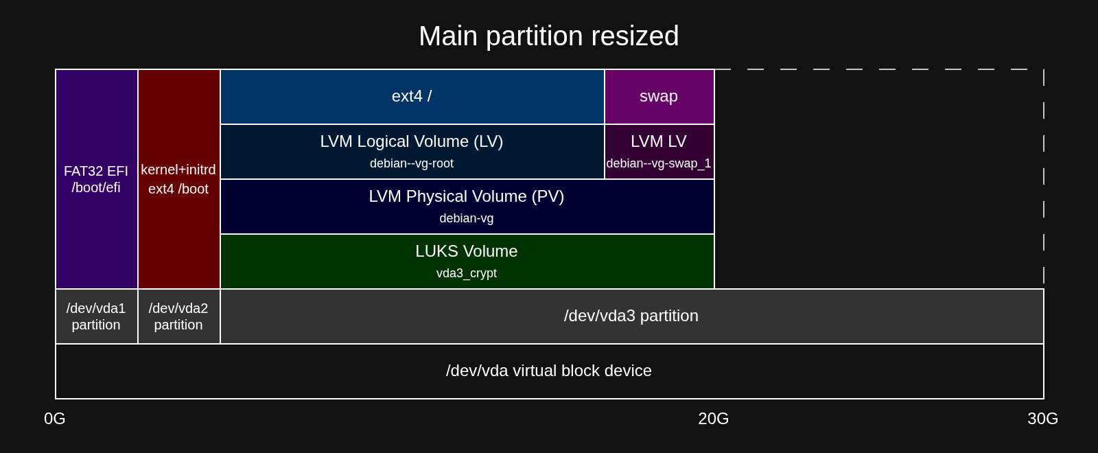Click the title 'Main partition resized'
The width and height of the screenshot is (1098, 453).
[x=548, y=36]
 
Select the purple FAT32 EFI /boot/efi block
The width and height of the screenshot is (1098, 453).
[x=97, y=179]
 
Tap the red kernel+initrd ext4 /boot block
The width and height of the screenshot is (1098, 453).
[x=179, y=179]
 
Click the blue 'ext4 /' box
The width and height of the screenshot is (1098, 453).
[x=412, y=97]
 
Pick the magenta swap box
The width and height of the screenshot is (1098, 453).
[x=659, y=97]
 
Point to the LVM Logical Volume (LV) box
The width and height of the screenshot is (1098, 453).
[x=412, y=152]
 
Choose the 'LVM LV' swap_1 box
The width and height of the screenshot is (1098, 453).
[x=659, y=152]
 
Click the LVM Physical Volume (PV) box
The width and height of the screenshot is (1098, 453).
[x=467, y=207]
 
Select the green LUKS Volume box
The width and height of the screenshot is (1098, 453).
[x=467, y=262]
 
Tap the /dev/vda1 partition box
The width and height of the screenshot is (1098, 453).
[x=97, y=316]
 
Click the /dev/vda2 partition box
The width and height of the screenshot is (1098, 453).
[x=179, y=316]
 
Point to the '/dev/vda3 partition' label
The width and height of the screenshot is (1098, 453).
[x=631, y=316]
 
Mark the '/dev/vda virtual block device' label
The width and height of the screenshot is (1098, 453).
[x=548, y=371]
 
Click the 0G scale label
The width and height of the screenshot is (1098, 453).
[x=54, y=419]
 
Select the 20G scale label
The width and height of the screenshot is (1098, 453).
[x=713, y=419]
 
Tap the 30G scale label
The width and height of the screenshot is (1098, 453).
[x=1042, y=419]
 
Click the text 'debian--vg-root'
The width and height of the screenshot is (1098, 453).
[x=412, y=163]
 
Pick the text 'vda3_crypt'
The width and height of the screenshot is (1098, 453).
[x=467, y=273]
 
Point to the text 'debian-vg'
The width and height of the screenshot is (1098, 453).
[x=466, y=218]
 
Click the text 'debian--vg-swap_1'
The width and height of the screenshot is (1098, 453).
[x=658, y=163]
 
